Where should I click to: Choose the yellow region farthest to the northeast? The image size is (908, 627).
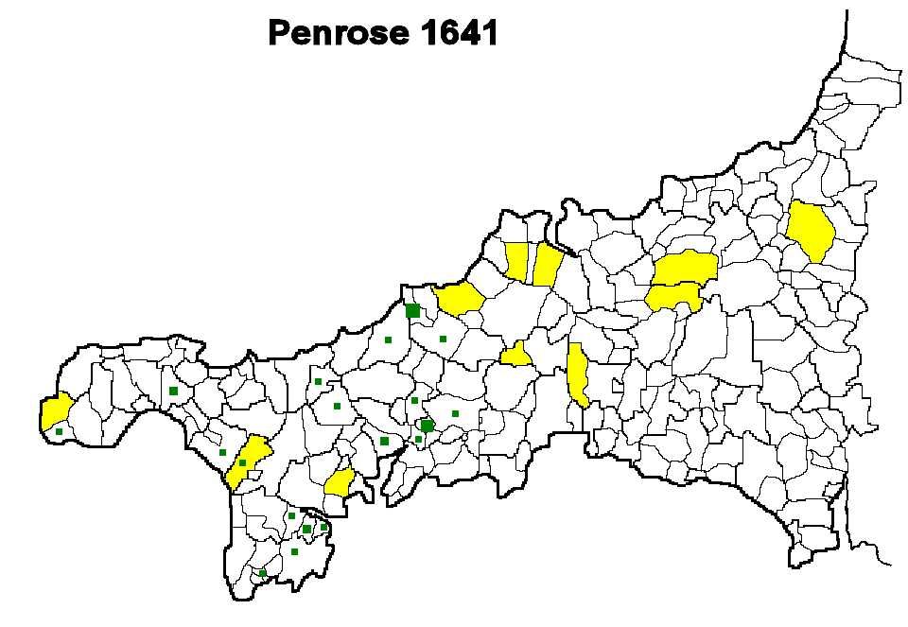812,230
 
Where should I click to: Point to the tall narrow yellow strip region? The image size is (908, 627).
577,374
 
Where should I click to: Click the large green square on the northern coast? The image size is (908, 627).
412,311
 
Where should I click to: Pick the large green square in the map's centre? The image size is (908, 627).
428,426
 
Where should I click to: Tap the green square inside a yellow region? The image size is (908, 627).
243,463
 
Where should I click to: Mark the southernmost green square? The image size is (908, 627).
263,573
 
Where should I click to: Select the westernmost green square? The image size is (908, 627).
59,432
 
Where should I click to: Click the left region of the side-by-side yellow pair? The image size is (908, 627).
516,261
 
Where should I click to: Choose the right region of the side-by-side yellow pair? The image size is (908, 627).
547,266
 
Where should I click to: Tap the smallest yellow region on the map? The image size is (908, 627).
516,356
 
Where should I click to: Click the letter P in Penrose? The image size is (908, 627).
280,33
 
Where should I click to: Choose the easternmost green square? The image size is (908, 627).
455,413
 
